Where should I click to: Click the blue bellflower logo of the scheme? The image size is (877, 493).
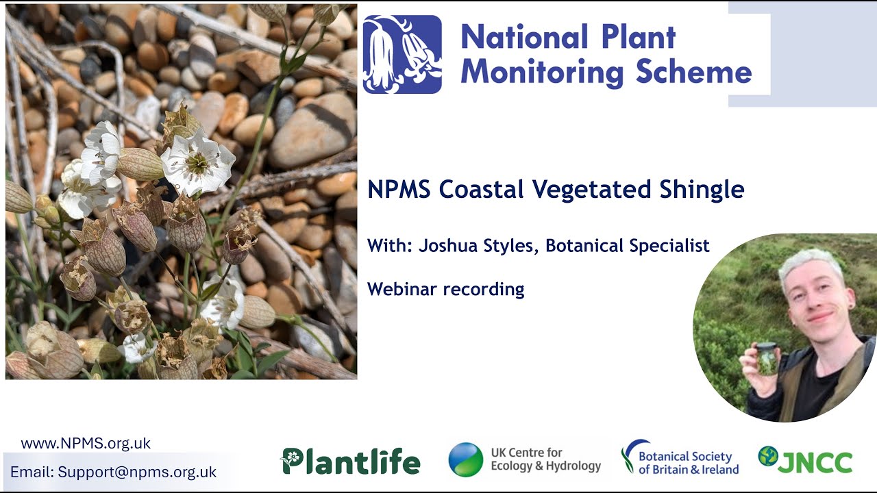coord(402,54)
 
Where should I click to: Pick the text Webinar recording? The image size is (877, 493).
coord(445,289)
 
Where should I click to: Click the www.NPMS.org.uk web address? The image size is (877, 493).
coord(86,443)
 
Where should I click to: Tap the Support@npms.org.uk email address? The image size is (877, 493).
coord(137,472)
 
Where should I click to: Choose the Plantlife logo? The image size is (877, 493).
coord(351,461)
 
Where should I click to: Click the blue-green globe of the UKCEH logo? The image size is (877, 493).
coord(466,459)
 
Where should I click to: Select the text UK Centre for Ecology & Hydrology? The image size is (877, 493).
coord(545,459)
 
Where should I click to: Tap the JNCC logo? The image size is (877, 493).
coord(806,460)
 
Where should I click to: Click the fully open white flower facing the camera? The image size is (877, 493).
coord(197,162)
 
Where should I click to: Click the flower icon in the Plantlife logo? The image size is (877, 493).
coord(291,457)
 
